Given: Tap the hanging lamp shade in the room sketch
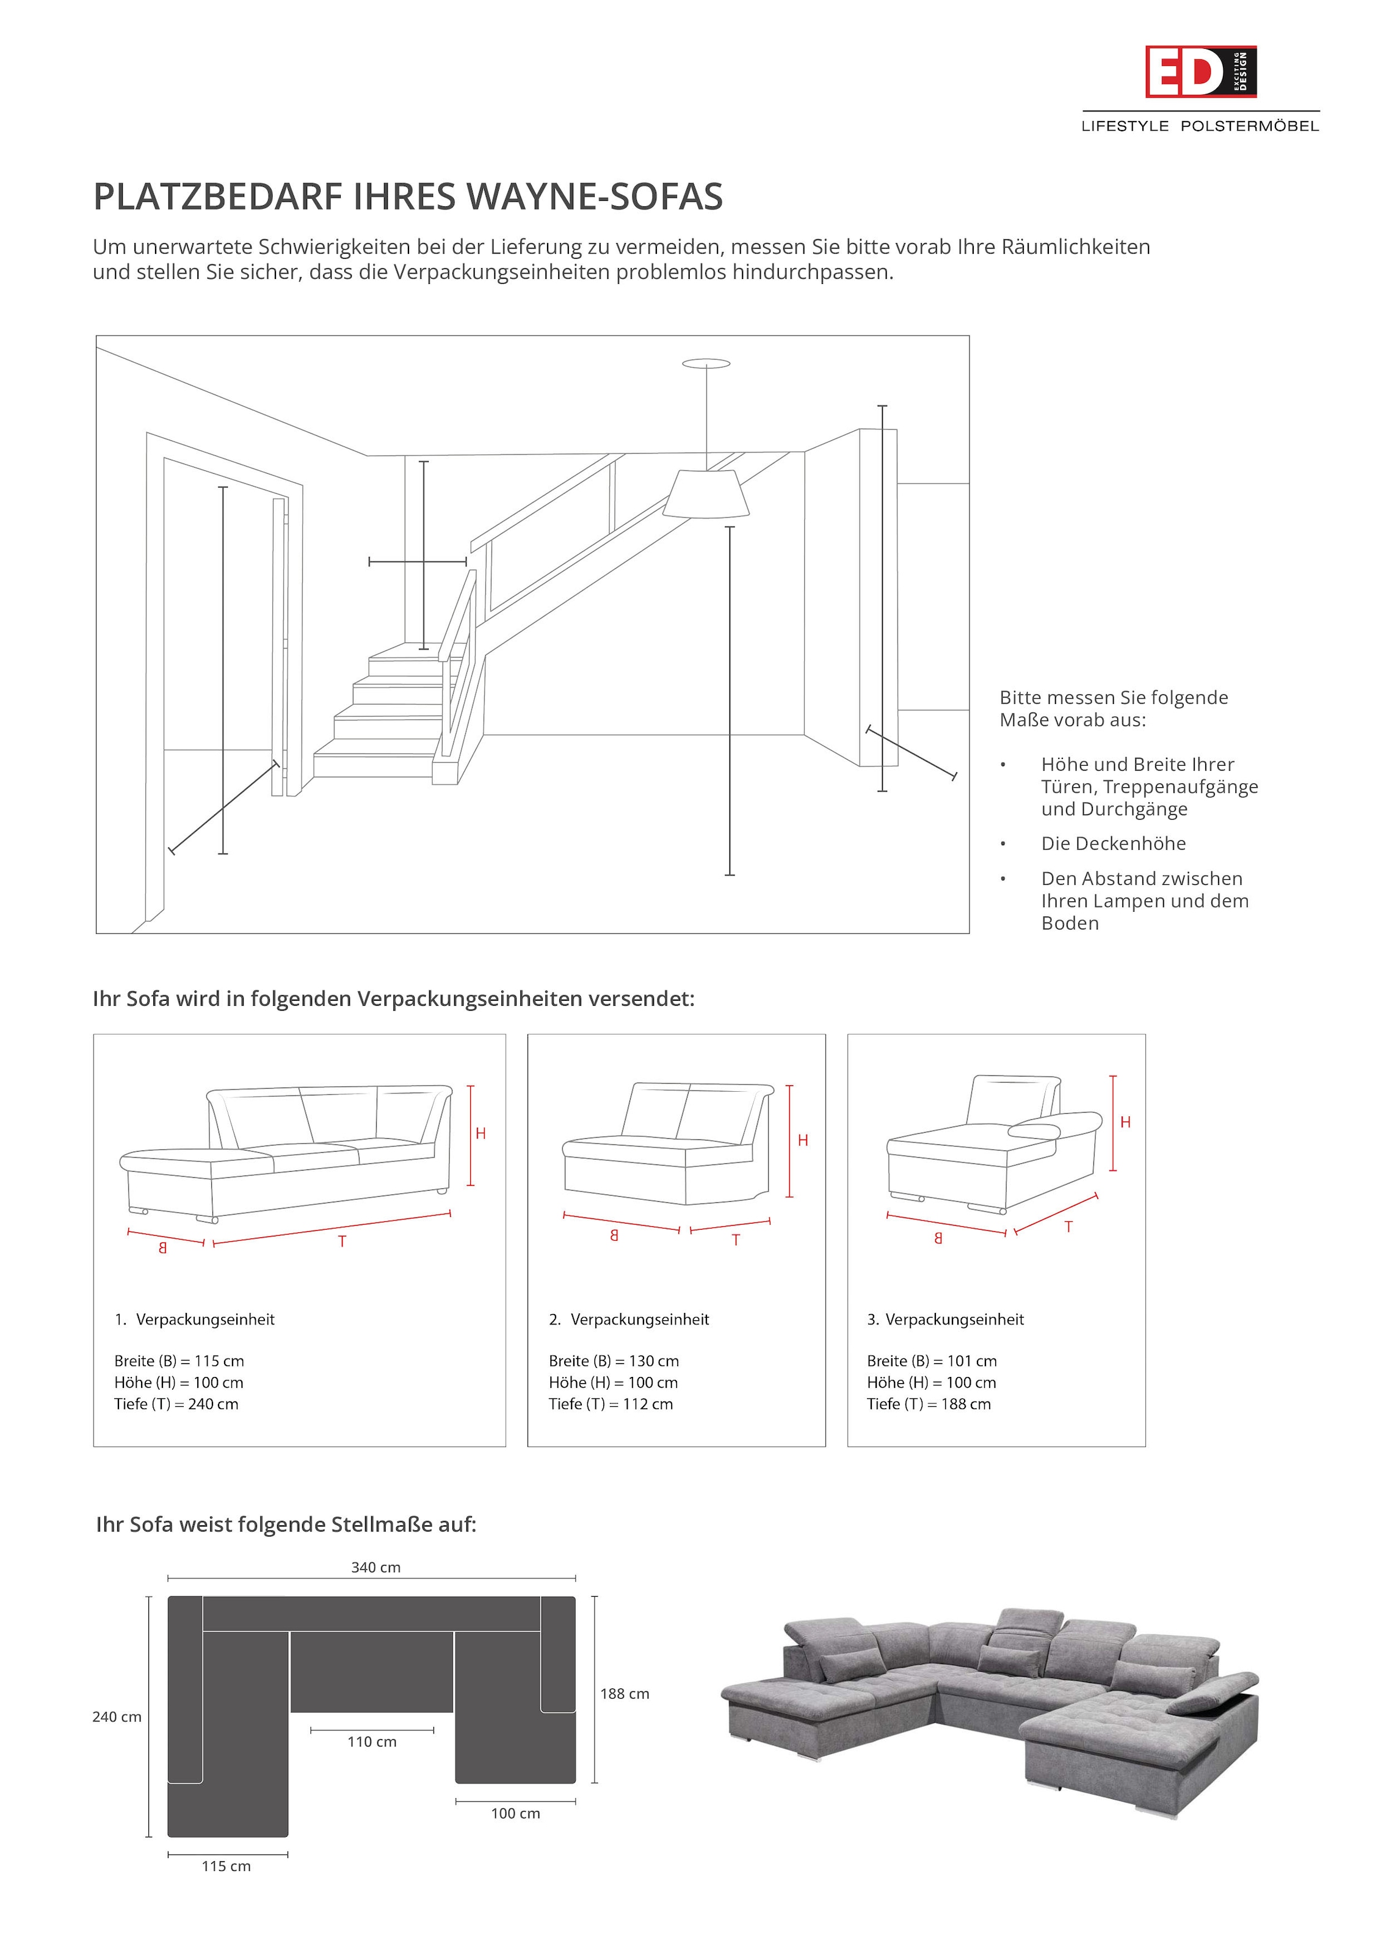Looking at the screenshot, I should pyautogui.click(x=705, y=495).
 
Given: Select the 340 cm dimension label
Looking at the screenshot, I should pyautogui.click(x=375, y=1567).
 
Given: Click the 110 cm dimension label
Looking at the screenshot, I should pyautogui.click(x=372, y=1742).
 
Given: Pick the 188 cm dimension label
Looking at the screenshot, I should pyautogui.click(x=625, y=1694).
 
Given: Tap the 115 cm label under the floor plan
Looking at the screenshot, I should pyautogui.click(x=227, y=1865).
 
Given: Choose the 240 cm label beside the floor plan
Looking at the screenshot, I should pyautogui.click(x=117, y=1716).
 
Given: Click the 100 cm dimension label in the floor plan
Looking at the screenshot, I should pyautogui.click(x=516, y=1813).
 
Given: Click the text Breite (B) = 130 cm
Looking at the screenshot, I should pyautogui.click(x=614, y=1361).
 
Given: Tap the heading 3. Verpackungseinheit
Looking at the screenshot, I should pyautogui.click(x=945, y=1319).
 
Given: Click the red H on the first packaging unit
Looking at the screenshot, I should pyautogui.click(x=480, y=1133).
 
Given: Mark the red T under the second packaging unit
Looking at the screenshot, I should pyautogui.click(x=736, y=1240).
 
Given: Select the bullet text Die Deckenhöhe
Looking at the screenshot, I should pyautogui.click(x=1113, y=843).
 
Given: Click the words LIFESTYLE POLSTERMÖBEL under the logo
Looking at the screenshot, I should pyautogui.click(x=1200, y=126).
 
